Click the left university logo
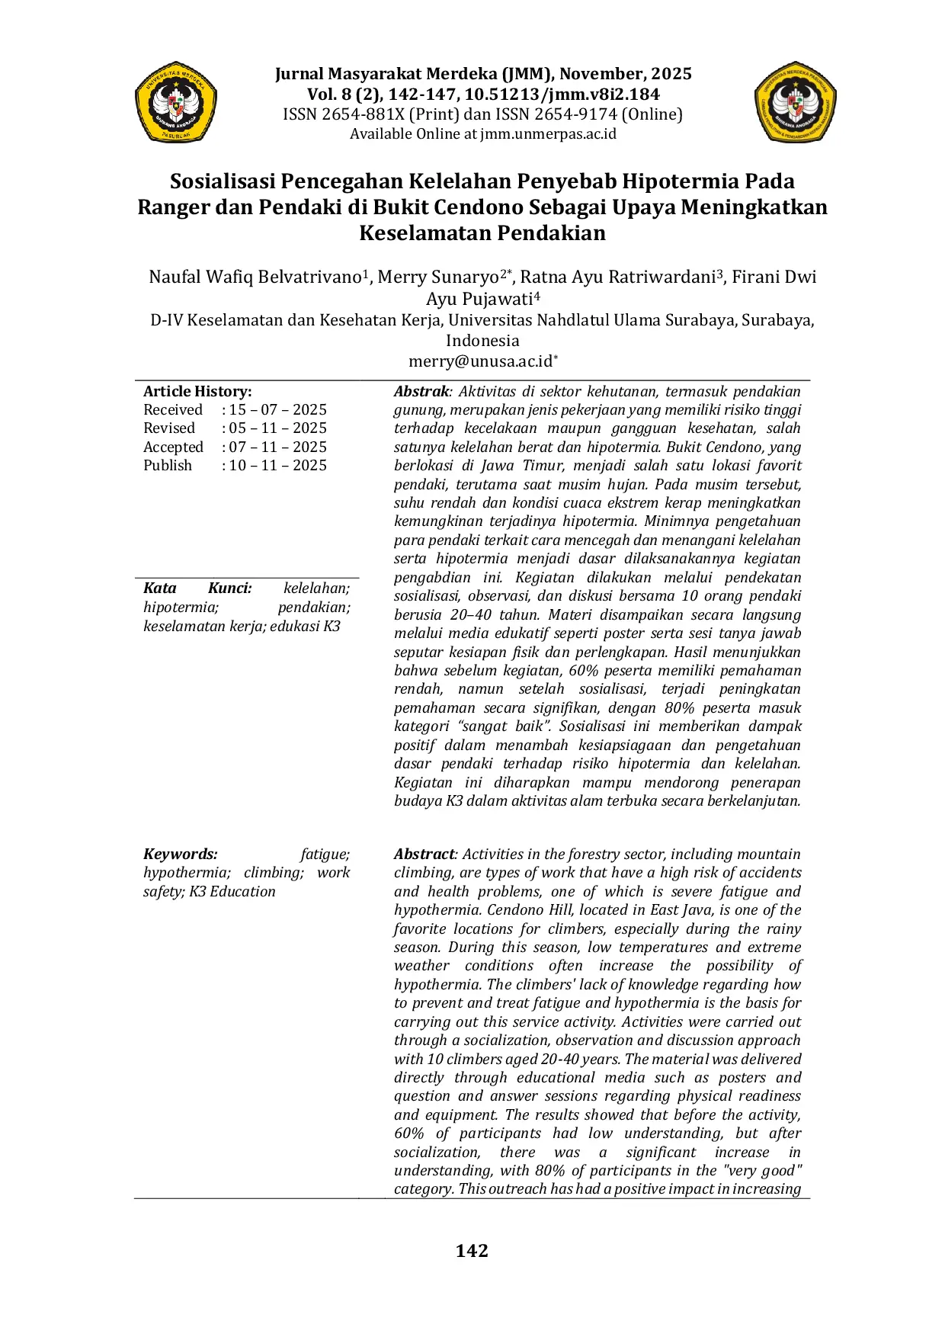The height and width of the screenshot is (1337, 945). point(176,102)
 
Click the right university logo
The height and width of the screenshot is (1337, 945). point(796,102)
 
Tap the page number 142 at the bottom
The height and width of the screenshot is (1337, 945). point(472,1251)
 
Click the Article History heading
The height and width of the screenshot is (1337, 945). point(197,391)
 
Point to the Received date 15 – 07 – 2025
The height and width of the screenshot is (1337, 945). point(277,409)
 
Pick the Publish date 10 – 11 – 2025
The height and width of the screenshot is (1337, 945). point(277,465)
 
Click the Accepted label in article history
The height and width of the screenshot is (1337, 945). point(173,447)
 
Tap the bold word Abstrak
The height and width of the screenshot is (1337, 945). point(421,391)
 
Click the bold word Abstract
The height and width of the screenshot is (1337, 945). point(424,854)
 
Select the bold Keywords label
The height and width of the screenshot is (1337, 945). point(180,854)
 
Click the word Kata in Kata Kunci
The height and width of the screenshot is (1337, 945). point(160,588)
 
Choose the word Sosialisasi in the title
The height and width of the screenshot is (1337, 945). point(222,181)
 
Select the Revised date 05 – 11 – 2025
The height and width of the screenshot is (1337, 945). point(277,428)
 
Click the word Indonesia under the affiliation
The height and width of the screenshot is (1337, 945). point(482,341)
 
